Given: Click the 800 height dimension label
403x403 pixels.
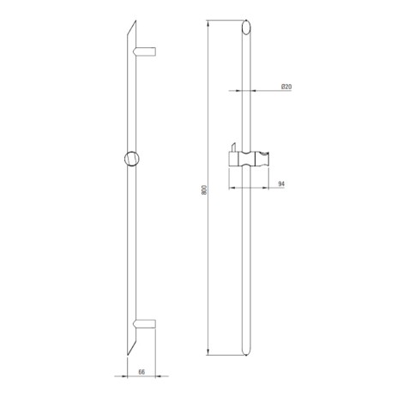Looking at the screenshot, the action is point(204,189).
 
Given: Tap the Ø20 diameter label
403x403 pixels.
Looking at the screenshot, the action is point(286,87).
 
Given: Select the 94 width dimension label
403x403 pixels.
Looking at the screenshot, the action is point(281,183).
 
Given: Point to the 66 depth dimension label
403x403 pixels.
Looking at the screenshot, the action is point(141,372).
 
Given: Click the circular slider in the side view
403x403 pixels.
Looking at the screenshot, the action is point(132,158).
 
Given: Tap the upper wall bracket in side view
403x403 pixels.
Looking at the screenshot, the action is point(144,51).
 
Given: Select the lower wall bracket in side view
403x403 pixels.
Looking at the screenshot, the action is point(144,323).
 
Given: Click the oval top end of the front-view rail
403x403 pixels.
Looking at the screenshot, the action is point(246,27).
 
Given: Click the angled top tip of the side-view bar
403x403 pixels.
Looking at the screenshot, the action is point(135,21).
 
